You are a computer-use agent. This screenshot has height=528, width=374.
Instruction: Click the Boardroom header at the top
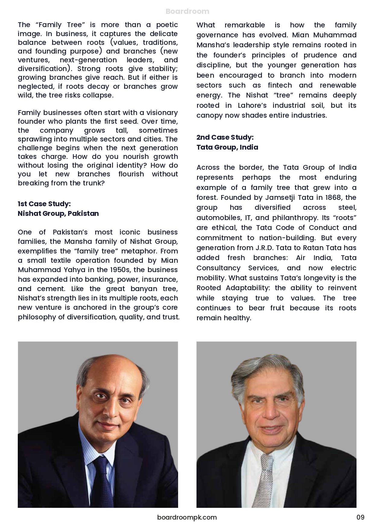187,11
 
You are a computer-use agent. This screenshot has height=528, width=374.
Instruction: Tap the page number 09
360,517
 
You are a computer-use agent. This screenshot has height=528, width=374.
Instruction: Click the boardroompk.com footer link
187,517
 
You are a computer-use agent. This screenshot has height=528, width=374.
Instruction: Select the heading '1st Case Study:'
44,204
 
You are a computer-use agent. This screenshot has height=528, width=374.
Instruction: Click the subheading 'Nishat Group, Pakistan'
58,213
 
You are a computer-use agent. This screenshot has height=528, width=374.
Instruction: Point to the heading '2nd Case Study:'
225,137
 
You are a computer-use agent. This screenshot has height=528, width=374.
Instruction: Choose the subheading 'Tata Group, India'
227,147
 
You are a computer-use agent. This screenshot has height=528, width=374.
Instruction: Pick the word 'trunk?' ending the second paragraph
94,183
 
